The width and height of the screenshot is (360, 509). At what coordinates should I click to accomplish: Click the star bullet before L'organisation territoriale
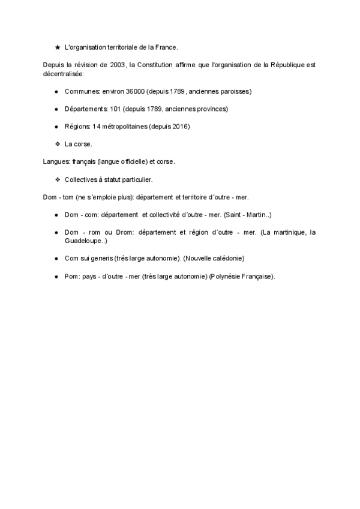pyautogui.click(x=57, y=47)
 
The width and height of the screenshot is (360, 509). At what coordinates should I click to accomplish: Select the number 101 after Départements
pyautogui.click(x=116, y=109)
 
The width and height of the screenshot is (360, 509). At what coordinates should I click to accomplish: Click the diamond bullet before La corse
pyautogui.click(x=57, y=144)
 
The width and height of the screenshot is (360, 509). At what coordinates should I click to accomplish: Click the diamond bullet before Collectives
pyautogui.click(x=57, y=179)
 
